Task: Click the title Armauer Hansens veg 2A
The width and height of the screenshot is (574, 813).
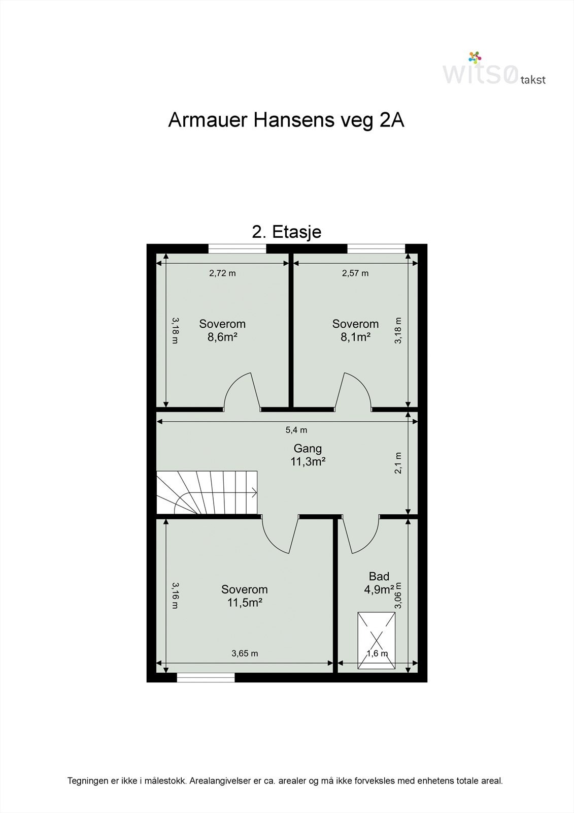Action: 286,120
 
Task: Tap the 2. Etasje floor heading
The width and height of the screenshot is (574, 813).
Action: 287,232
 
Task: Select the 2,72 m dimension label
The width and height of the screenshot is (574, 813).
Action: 222,273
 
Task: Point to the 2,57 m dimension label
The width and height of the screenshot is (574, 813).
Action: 355,273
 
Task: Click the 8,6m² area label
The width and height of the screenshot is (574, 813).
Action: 222,337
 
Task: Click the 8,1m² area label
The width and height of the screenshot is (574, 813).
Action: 355,337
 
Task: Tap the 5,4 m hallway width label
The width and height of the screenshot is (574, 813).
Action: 296,430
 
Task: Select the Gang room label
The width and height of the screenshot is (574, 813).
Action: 308,449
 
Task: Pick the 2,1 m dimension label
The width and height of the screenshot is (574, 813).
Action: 398,463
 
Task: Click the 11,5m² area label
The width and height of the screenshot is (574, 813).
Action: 244,603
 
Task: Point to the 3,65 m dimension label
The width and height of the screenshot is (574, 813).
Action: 245,653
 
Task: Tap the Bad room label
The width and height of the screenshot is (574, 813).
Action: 379,576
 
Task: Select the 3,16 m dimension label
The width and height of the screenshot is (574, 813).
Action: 175,596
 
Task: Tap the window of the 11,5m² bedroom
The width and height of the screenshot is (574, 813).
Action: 206,677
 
